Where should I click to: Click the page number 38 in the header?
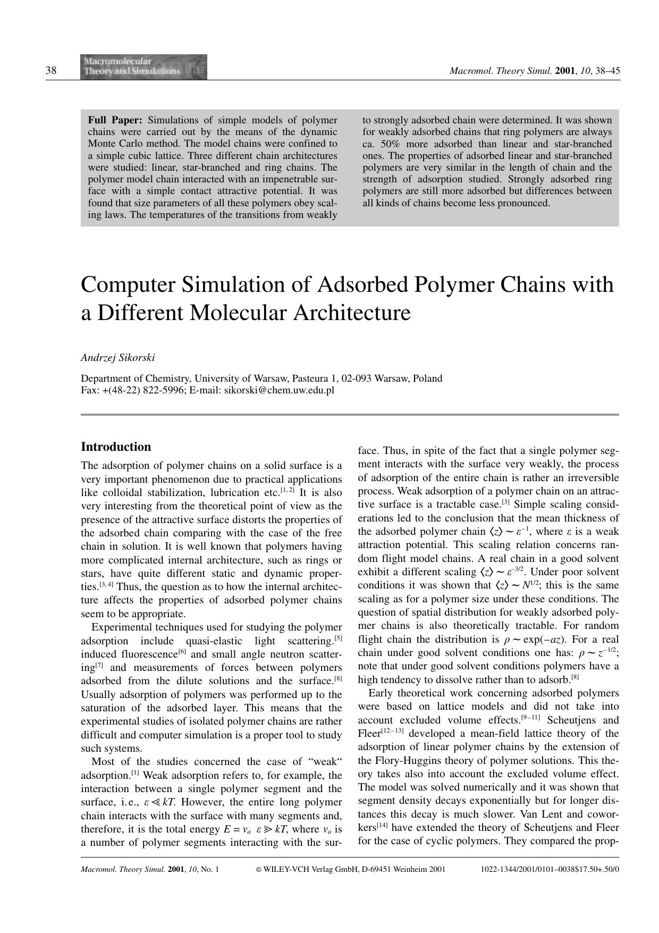pos(52,71)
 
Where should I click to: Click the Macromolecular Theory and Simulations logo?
pos(143,67)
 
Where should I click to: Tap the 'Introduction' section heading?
pos(116,447)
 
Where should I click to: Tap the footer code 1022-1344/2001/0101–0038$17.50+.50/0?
pos(550,870)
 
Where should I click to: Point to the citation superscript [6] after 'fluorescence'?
pos(182,652)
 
